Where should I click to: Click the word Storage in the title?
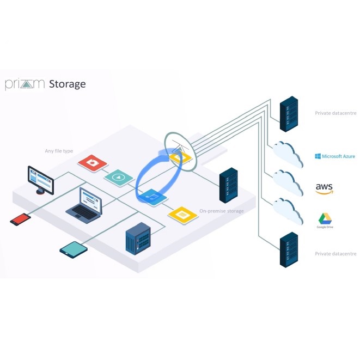(68, 84)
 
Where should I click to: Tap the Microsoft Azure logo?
(335, 156)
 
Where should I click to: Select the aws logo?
(324, 189)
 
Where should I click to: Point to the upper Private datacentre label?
(335, 113)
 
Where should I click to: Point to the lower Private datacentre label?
(335, 254)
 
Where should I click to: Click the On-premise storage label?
(221, 211)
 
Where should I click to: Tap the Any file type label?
(59, 151)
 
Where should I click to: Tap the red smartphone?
(21, 219)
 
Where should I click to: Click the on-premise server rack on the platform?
(228, 185)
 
